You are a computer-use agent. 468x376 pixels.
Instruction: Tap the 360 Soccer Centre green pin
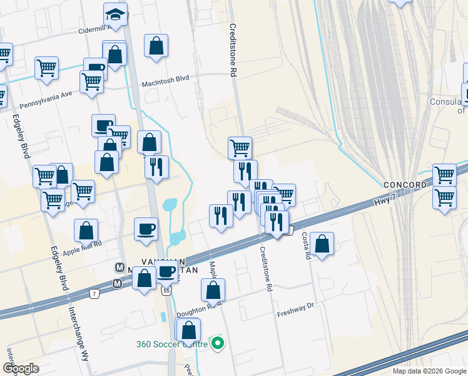[218, 343]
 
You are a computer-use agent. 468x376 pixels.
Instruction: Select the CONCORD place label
[404, 185]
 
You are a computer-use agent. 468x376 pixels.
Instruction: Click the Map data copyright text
[429, 371]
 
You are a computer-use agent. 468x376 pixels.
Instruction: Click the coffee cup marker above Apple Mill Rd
[146, 228]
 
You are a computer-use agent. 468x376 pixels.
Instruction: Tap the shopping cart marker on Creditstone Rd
[240, 148]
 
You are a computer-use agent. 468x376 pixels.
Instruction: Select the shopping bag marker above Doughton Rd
[213, 290]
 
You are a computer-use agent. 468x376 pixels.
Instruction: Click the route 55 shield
[165, 291]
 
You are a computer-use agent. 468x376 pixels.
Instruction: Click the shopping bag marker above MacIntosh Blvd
[156, 46]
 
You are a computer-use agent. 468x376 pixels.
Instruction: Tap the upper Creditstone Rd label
[232, 50]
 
